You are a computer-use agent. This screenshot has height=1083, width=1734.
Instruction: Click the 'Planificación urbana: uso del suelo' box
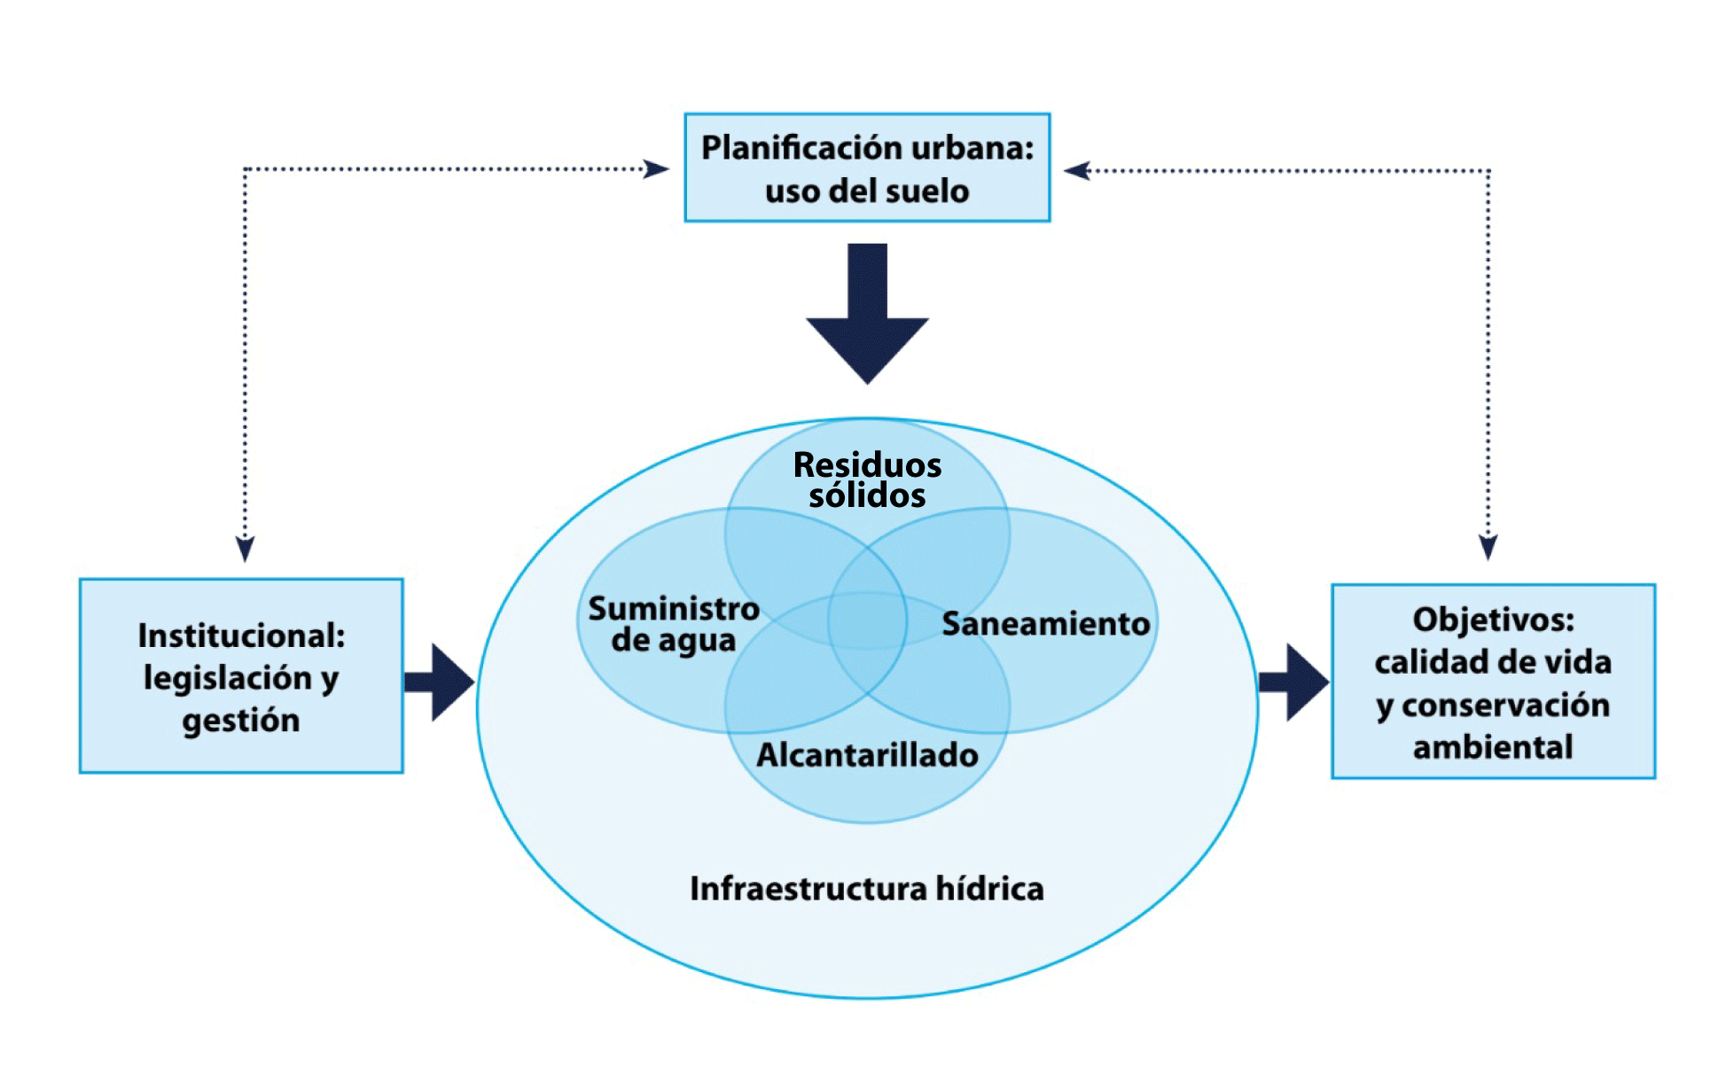(x=867, y=168)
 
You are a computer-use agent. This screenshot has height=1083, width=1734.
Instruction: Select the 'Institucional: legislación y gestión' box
(x=241, y=676)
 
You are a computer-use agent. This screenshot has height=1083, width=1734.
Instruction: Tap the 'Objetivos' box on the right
(x=1493, y=682)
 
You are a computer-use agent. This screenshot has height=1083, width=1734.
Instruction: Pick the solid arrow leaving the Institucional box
(x=440, y=682)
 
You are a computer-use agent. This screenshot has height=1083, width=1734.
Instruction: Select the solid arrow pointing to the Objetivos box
(x=1294, y=682)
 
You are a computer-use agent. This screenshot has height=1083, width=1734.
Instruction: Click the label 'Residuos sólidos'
(x=867, y=479)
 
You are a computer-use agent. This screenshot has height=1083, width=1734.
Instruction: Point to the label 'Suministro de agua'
(x=674, y=624)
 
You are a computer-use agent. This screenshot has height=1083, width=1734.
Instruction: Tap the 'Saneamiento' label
(x=1046, y=624)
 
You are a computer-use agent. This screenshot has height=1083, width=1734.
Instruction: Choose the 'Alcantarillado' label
(x=867, y=755)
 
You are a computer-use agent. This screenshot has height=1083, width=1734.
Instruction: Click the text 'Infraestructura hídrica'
(x=867, y=888)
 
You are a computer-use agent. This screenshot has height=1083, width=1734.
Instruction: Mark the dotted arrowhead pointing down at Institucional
(x=246, y=548)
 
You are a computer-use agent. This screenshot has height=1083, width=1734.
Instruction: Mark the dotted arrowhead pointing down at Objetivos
(x=1488, y=547)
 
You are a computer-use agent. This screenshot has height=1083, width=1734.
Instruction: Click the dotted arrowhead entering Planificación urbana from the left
(x=656, y=168)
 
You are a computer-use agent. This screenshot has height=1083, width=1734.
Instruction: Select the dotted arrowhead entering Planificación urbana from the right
(x=1077, y=170)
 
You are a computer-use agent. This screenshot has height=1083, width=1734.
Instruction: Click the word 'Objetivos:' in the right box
(x=1493, y=619)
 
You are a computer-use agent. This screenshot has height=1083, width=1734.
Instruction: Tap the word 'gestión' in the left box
(x=241, y=721)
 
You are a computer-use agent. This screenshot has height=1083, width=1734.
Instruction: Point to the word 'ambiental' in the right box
(x=1493, y=747)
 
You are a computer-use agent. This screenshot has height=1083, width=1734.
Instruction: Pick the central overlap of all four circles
(x=867, y=620)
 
